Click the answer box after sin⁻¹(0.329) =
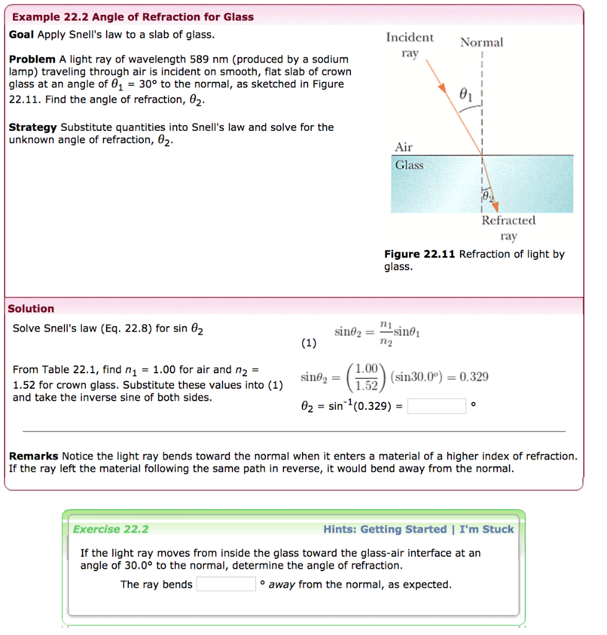coord(436,406)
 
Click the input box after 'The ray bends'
coord(226,584)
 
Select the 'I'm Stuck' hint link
coord(487,529)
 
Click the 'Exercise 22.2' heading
coord(110,529)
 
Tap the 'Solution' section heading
coord(31,308)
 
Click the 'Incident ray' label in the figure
coord(410,45)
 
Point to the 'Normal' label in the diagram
coord(481,42)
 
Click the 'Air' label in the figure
coord(404,147)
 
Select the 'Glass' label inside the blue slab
coord(409,165)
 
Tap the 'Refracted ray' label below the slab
coord(508,228)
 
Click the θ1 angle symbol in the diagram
coord(467,94)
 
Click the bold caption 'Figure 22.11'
coord(420,254)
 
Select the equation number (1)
coord(308,342)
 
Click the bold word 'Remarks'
coord(33,456)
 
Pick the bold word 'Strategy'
coord(33,127)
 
